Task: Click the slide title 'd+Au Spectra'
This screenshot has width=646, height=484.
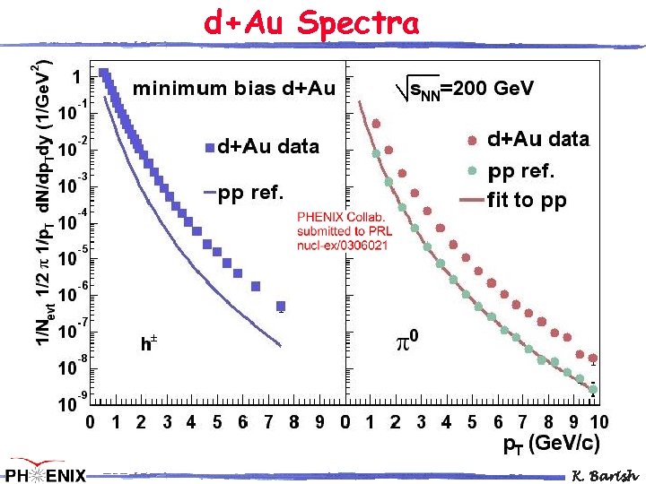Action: coord(311,22)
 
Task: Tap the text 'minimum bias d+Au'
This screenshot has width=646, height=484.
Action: coord(233,89)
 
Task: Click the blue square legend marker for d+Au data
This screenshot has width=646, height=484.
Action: coord(209,147)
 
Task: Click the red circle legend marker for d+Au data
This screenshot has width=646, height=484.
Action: coord(472,140)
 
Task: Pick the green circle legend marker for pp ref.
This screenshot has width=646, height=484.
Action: coord(472,169)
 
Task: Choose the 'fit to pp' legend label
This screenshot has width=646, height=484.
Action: coord(527,200)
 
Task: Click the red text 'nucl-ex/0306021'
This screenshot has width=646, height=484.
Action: coord(343,245)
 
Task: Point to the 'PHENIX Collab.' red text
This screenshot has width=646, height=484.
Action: coord(341,217)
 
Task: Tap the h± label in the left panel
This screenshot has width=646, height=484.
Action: coord(149,342)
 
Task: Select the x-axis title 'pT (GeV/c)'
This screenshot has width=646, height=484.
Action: coord(550,443)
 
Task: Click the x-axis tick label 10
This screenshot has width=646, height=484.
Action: coord(598,422)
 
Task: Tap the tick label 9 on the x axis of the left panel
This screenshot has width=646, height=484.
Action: coord(319,422)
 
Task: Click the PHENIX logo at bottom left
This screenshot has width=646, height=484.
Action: coord(45,471)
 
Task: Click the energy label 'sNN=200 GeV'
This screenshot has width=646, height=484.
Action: coord(467,88)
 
